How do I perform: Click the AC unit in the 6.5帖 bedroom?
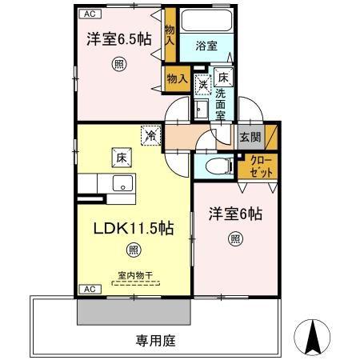tap(90, 14)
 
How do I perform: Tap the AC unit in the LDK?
tap(90, 289)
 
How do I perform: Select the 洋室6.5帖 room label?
tap(119, 39)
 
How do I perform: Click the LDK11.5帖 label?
tap(134, 229)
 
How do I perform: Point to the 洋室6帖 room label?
tap(235, 214)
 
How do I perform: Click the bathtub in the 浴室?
tap(206, 21)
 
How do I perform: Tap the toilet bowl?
tap(219, 166)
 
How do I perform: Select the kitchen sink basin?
tap(122, 183)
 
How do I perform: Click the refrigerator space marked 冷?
tap(151, 135)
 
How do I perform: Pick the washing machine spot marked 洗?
tap(203, 85)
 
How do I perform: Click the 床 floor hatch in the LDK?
tap(122, 158)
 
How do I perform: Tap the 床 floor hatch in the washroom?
tap(223, 78)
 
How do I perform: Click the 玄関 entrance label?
tap(250, 138)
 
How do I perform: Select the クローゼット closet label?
tap(261, 166)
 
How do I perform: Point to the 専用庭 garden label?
tap(156, 341)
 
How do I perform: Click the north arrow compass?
tap(312, 337)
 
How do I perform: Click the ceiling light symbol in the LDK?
tap(134, 250)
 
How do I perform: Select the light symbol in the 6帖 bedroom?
tap(235, 239)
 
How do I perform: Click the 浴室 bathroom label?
tap(206, 46)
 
